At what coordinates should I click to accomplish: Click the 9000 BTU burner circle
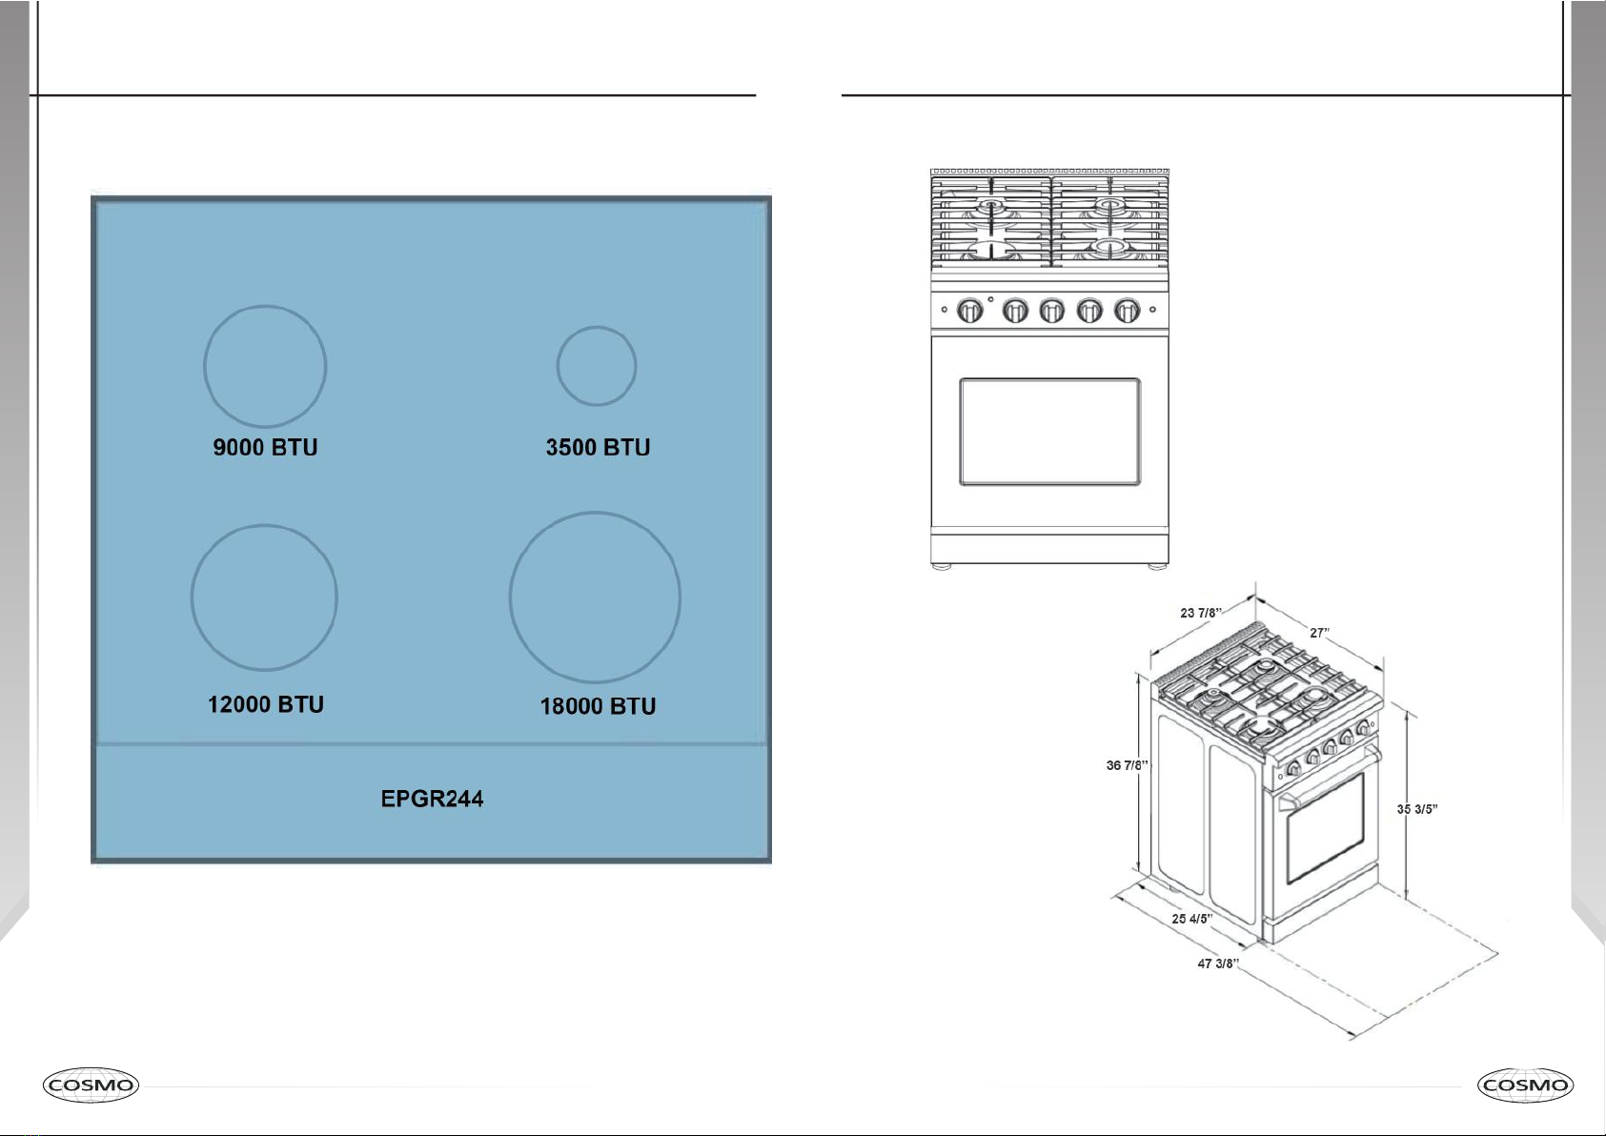pos(204,367)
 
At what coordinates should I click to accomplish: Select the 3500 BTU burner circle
pos(557,366)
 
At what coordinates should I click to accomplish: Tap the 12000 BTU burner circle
pos(192,598)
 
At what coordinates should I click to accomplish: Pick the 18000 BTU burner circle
pos(510,597)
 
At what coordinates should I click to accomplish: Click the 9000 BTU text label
pos(265,447)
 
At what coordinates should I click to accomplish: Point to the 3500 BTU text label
pos(598,447)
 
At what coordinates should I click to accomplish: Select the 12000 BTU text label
pos(265,704)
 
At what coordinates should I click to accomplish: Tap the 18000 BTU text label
pos(598,706)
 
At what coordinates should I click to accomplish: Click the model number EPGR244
pos(432,799)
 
